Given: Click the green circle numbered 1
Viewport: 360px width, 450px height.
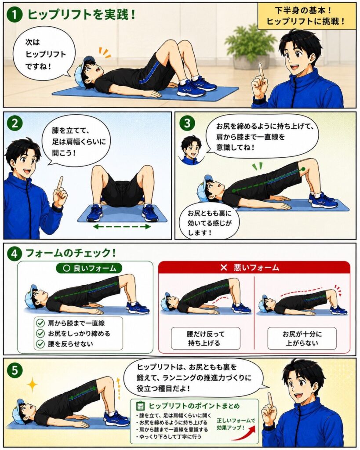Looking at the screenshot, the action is tap(15, 15).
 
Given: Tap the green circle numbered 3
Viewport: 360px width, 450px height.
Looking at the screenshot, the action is tap(187, 123).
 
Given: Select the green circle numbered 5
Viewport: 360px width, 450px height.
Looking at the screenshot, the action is tap(15, 370).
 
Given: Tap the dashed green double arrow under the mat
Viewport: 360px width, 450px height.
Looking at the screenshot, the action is tap(122, 227).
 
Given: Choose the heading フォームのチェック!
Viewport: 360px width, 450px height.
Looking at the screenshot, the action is tap(71, 253).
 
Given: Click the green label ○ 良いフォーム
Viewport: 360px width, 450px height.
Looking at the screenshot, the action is tap(89, 268).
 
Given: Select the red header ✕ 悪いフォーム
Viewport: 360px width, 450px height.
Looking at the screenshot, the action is tap(254, 268).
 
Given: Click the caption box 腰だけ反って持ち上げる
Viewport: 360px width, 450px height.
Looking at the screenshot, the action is tap(206, 338).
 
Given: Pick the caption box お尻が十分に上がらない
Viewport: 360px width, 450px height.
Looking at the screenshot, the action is tap(302, 338).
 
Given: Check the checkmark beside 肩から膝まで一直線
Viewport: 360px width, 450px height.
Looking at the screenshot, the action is tap(40, 323).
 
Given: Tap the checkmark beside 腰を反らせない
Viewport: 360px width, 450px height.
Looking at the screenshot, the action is tap(40, 344).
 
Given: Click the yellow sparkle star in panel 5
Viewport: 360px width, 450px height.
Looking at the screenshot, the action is tap(33, 384).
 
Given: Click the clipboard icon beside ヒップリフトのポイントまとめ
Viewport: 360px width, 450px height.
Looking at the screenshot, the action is tap(140, 406).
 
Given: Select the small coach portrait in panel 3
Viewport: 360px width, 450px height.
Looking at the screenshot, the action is tap(191, 149).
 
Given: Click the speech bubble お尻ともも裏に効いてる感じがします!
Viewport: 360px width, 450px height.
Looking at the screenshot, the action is tap(209, 221).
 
